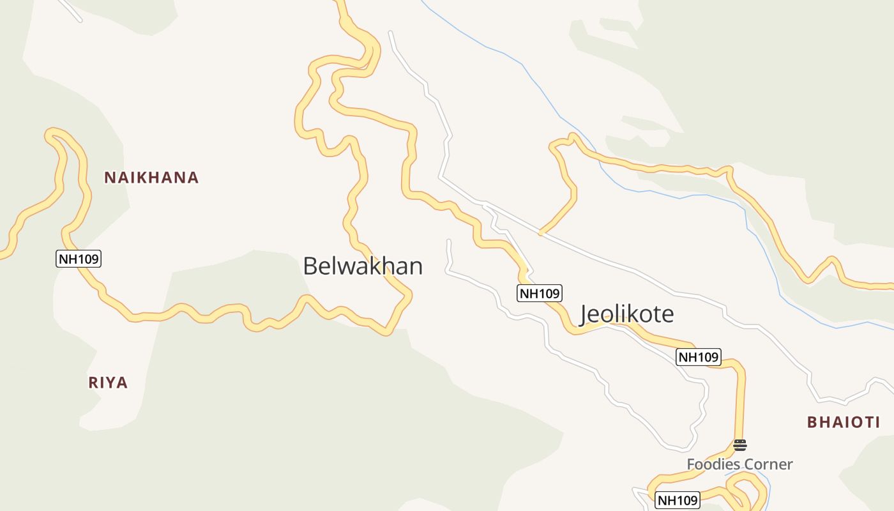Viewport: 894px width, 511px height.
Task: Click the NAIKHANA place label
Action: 151,178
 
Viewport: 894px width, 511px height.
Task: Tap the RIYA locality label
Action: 108,383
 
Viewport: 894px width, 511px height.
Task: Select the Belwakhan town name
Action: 363,266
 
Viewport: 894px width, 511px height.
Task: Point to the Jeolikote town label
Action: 626,314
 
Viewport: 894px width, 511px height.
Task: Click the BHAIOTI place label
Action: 844,422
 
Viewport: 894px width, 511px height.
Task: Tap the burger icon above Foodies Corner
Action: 739,445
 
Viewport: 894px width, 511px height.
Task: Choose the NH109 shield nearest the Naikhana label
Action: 79,259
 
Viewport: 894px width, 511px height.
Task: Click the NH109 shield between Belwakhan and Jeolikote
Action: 539,293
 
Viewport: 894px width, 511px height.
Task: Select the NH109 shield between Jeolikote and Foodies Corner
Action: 698,357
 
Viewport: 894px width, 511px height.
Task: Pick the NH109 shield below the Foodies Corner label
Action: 678,500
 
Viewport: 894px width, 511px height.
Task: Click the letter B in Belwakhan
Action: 310,266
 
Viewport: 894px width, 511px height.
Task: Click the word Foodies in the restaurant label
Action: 708,464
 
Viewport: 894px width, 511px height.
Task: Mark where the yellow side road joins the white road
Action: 540,233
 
